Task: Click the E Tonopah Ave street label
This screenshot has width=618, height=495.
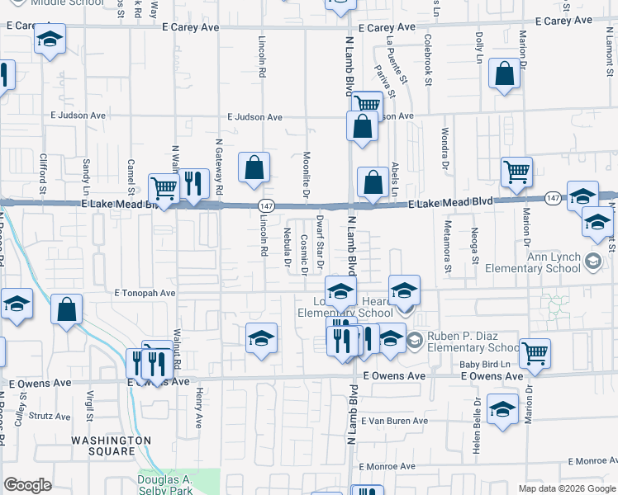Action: (145, 293)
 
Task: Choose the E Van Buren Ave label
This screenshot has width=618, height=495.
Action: (394, 421)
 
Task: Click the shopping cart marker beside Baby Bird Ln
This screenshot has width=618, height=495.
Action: (535, 353)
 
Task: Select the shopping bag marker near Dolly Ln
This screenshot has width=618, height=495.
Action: (503, 74)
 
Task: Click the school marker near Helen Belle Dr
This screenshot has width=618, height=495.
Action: (502, 410)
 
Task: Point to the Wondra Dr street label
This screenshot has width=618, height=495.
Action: (444, 144)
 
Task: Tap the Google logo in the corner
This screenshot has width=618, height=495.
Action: (28, 485)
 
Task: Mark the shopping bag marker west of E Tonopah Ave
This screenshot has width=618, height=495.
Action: (67, 310)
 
